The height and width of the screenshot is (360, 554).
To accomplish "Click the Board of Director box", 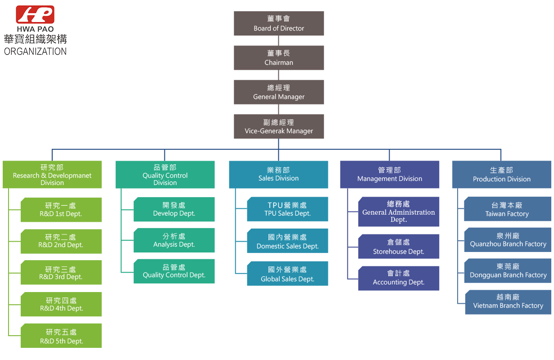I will (279, 23).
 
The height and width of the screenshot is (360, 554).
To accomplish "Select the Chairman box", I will (279, 58).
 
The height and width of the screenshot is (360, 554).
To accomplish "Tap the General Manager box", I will (279, 92).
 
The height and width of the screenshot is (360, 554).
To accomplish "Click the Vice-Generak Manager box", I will (279, 126).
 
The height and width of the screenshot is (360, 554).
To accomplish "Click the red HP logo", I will (35, 15).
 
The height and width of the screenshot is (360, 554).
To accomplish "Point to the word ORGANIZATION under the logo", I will (35, 51).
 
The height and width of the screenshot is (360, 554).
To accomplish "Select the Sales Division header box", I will (278, 175).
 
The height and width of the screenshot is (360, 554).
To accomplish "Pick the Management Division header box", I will (390, 175).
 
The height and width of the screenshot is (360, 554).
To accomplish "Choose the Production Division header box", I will (502, 175).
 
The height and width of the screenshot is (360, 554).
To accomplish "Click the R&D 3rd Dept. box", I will (61, 273).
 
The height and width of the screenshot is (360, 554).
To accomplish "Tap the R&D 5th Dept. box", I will (61, 336).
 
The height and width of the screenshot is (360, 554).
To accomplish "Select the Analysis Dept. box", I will (174, 240).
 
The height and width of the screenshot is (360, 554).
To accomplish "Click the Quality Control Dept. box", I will (174, 271).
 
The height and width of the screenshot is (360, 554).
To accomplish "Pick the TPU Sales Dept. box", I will (287, 209).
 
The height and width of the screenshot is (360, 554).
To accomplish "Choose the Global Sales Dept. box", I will (287, 274).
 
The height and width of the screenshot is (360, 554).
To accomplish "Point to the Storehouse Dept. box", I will (399, 247).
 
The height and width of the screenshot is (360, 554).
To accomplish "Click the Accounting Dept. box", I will (399, 278).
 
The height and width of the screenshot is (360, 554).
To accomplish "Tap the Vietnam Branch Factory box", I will (508, 301).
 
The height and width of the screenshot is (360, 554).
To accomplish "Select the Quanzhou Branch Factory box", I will (508, 240).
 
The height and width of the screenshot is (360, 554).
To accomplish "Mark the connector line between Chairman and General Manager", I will (279, 75).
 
